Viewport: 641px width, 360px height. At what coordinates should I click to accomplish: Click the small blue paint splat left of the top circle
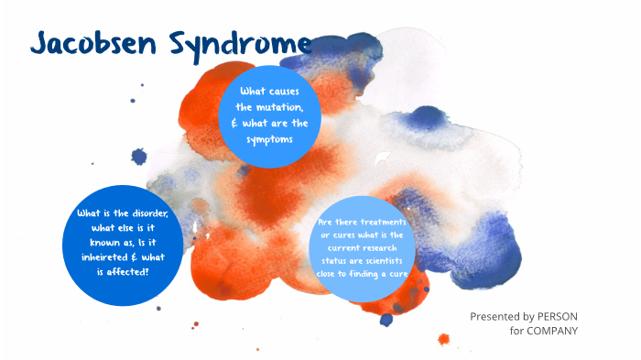click(139, 157)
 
